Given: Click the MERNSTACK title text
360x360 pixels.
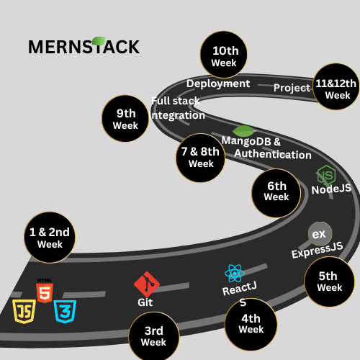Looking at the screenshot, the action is coord(84,46).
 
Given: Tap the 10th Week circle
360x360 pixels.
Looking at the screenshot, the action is coord(224,55).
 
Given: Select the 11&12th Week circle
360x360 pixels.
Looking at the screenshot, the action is coord(336,86).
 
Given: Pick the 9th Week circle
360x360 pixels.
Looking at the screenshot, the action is coord(125,119).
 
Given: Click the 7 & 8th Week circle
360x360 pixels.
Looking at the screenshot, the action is coord(201,158).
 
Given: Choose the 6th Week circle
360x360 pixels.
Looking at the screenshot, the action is coord(276,193).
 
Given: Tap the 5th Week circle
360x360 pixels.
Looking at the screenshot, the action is coord(329,282).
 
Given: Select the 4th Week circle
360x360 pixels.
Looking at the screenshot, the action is coord(251,324).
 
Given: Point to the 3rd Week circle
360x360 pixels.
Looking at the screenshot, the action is coord(154,337).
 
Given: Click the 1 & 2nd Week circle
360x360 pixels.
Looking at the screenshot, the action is coord(50,238).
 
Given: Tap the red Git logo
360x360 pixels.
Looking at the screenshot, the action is coord(147,284).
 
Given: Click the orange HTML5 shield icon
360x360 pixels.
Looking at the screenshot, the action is coord(45,291).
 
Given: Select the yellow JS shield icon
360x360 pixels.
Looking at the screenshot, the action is coord(24,311).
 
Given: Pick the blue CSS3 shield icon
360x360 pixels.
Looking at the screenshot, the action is coord(65,311).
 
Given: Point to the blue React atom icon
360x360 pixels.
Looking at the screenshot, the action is coord(235,273).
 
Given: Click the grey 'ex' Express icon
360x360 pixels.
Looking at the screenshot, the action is coord(320,234).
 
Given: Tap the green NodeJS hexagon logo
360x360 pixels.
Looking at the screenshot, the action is coord(326,175).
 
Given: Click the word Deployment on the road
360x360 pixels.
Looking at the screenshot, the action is coord(218,84).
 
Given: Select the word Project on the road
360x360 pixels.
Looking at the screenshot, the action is coord(292,88).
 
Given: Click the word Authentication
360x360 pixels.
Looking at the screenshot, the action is coord(273,154).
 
